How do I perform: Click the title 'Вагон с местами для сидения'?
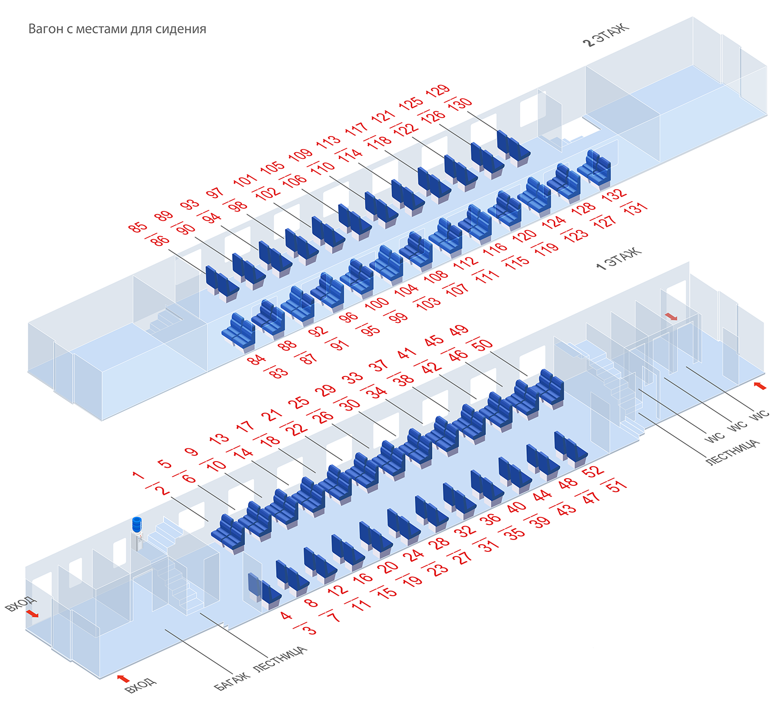(x=117, y=29)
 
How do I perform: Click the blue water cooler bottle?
(x=137, y=524)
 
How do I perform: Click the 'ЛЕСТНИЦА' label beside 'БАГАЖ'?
(x=281, y=659)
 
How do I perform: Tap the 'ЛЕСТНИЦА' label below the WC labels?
(x=732, y=452)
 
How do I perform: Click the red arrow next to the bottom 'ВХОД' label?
(x=123, y=678)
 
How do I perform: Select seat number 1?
(x=137, y=475)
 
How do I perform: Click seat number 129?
(x=438, y=91)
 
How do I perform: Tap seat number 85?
(x=138, y=227)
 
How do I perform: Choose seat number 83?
(x=279, y=373)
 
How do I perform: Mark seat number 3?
(x=309, y=630)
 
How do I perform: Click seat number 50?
(x=482, y=345)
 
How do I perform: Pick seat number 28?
(x=439, y=543)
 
